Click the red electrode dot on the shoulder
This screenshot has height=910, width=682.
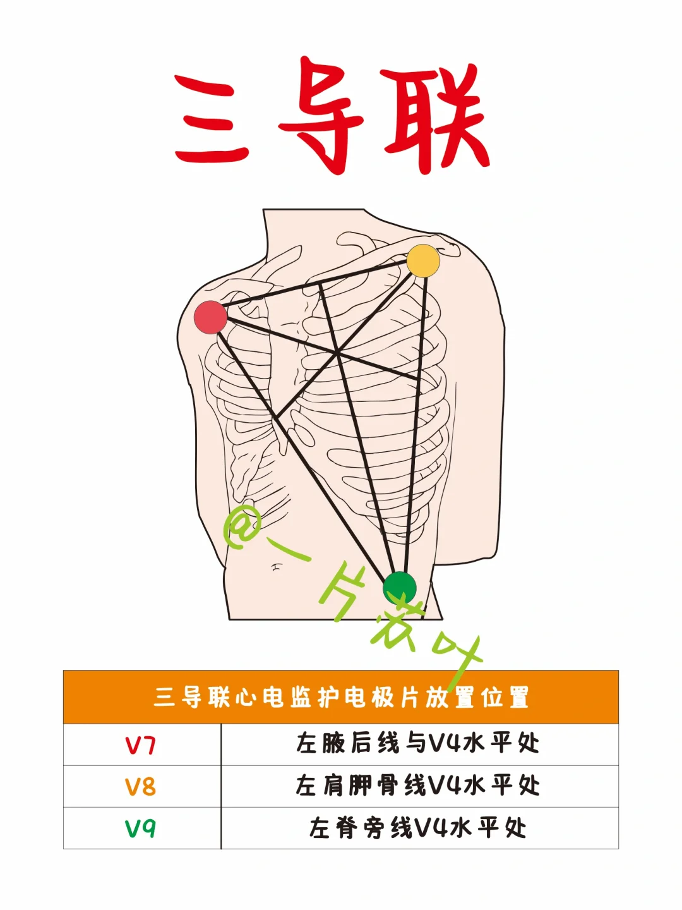tap(210, 317)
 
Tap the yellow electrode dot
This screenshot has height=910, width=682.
tap(423, 260)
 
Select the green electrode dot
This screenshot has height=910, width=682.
tap(400, 588)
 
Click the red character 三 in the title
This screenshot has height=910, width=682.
tap(212, 118)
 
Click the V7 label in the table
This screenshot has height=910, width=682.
tap(140, 745)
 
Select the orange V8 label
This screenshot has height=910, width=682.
tap(140, 787)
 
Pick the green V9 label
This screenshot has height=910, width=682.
tap(140, 828)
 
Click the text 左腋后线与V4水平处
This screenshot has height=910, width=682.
tap(418, 744)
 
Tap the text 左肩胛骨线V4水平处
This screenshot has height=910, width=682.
tap(418, 786)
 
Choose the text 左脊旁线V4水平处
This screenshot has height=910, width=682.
tap(418, 827)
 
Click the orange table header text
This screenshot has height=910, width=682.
tap(341, 697)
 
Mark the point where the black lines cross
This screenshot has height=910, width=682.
tap(338, 353)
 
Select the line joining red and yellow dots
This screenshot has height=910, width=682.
tap(316, 289)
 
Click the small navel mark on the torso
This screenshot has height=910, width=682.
tap(276, 567)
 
